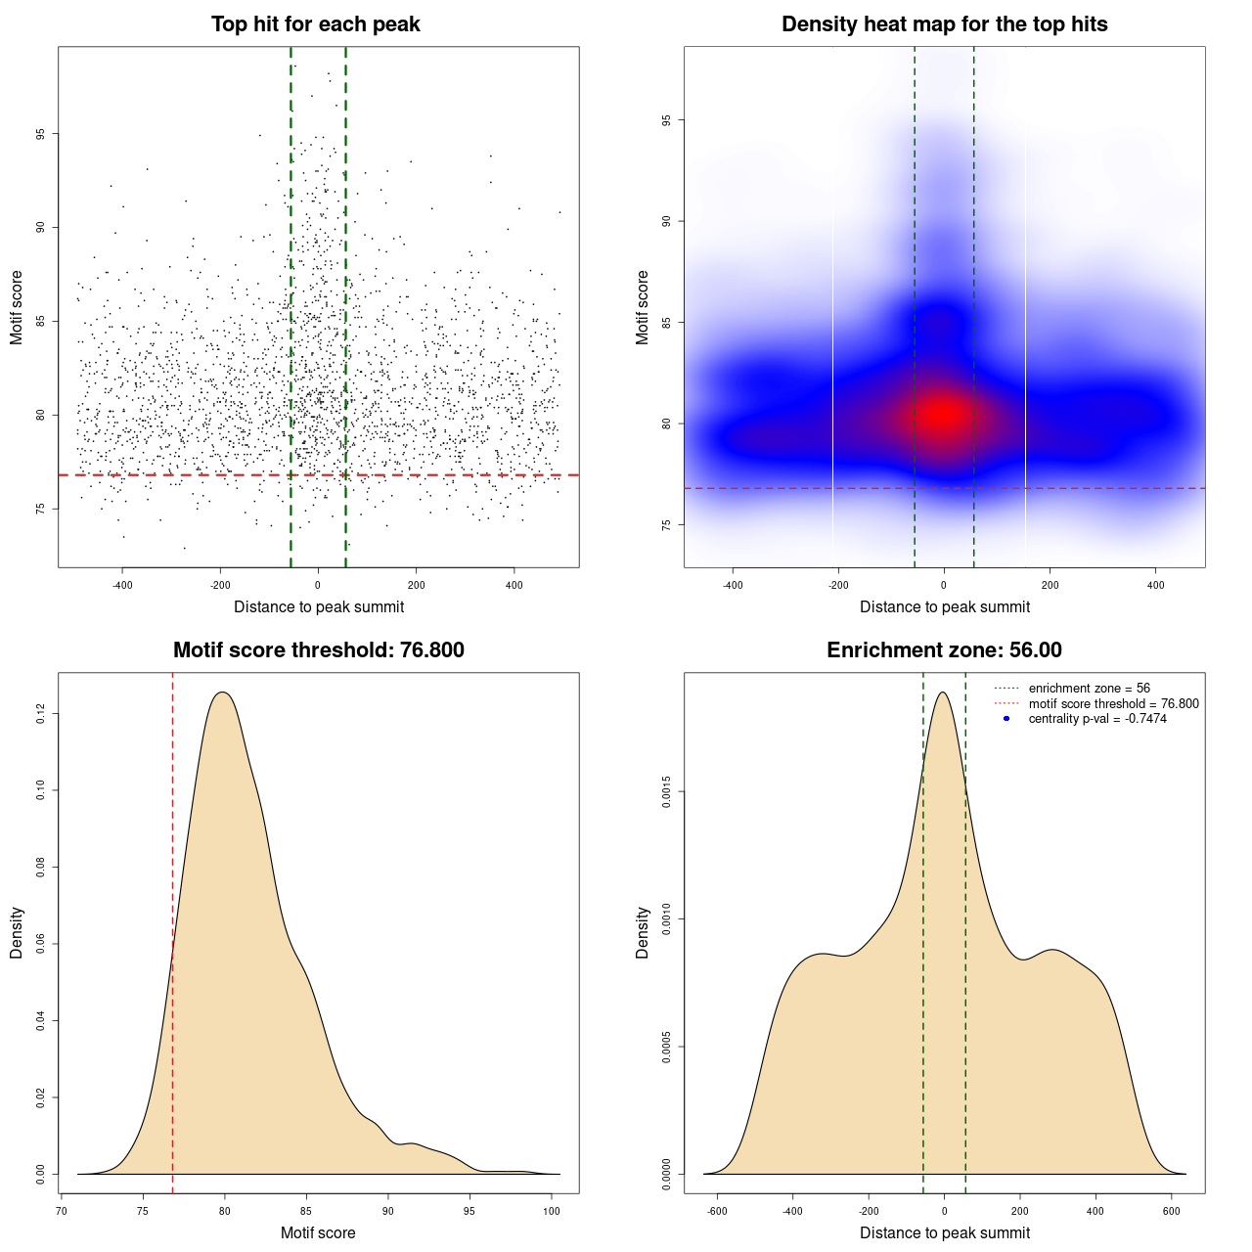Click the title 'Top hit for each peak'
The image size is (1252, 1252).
click(315, 24)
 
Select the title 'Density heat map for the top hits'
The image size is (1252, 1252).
click(944, 24)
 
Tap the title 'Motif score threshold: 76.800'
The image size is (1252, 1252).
click(318, 650)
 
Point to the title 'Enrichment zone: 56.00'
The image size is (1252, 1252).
click(944, 650)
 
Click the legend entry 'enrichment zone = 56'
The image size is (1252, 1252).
click(1089, 689)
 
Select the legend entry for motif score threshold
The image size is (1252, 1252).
click(1113, 703)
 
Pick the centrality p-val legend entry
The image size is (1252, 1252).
click(1096, 719)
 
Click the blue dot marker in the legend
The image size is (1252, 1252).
click(1006, 719)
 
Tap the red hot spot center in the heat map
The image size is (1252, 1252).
click(943, 414)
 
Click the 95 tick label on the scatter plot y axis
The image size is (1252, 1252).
click(40, 134)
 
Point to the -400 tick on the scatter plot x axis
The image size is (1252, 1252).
click(122, 586)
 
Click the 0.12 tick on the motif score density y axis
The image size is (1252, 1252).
click(40, 715)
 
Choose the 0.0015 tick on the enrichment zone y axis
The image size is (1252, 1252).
click(666, 791)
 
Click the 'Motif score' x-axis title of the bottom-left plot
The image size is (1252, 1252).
click(318, 1233)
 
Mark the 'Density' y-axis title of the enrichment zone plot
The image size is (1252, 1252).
click(643, 933)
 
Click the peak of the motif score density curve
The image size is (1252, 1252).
click(223, 693)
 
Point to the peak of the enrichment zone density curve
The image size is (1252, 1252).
click(942, 693)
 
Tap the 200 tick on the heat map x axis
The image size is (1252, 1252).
click(1050, 586)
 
